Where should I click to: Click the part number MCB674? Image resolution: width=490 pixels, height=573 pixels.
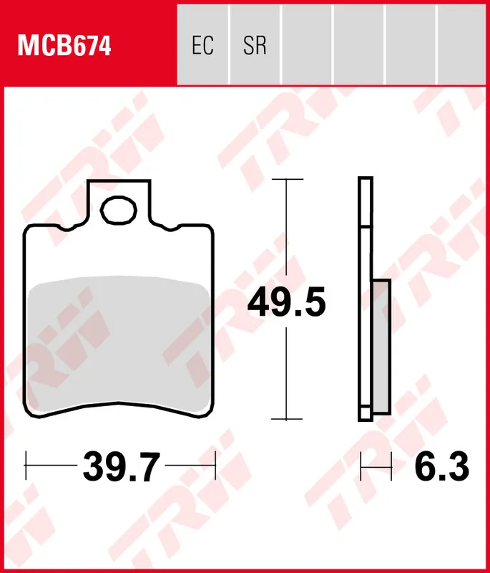(x=64, y=46)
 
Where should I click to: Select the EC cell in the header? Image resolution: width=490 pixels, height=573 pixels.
(x=202, y=46)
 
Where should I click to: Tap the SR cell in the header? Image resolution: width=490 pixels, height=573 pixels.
(x=255, y=46)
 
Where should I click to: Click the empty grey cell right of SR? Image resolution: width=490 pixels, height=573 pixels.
(x=307, y=43)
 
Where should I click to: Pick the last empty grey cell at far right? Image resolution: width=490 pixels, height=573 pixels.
(x=463, y=43)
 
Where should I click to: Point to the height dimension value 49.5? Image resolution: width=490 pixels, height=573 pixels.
(x=286, y=303)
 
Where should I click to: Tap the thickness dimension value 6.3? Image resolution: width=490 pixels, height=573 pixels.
(x=441, y=468)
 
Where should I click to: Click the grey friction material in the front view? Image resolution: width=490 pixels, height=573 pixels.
(x=120, y=347)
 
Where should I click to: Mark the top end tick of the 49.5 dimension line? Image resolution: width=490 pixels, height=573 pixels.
(x=286, y=180)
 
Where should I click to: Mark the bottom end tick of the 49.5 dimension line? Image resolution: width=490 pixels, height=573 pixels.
(x=286, y=419)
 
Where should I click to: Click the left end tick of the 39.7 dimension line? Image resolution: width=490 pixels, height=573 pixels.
(x=26, y=467)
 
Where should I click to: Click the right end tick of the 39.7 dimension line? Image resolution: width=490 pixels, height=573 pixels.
(x=215, y=467)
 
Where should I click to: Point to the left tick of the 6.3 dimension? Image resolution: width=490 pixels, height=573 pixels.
(x=361, y=467)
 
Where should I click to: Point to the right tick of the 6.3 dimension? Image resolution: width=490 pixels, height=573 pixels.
(x=391, y=467)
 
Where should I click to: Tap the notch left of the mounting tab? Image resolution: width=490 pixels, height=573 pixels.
(x=68, y=228)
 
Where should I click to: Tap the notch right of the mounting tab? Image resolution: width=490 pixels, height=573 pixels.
(x=172, y=228)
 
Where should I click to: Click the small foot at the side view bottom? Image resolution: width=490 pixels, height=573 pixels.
(x=365, y=414)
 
